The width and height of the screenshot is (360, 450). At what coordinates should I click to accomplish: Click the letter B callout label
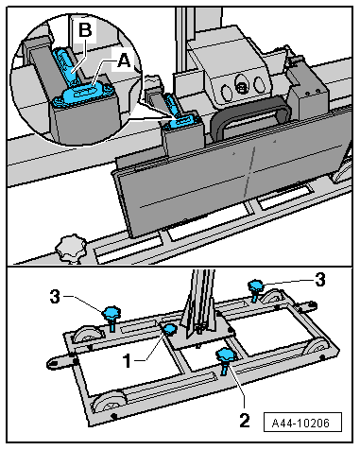(85, 30)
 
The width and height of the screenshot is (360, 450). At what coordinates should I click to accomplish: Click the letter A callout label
(124, 61)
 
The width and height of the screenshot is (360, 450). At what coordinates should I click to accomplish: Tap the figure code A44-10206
(302, 423)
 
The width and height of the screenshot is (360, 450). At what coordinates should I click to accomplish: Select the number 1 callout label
(128, 360)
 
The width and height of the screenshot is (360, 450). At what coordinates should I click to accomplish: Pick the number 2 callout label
(245, 420)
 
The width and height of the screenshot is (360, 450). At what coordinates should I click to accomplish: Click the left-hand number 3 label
(55, 296)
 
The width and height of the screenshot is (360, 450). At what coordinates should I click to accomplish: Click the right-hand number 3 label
(320, 279)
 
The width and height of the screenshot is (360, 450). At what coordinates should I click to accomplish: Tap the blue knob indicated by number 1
(170, 329)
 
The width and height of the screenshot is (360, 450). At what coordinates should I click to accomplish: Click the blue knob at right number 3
(256, 288)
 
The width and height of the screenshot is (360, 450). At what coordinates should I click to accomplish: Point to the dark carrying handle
(250, 114)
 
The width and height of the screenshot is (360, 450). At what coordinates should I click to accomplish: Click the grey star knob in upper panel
(71, 248)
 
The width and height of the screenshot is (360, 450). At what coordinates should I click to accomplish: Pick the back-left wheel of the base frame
(87, 335)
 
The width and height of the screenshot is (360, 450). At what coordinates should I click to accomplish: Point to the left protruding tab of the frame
(60, 362)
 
